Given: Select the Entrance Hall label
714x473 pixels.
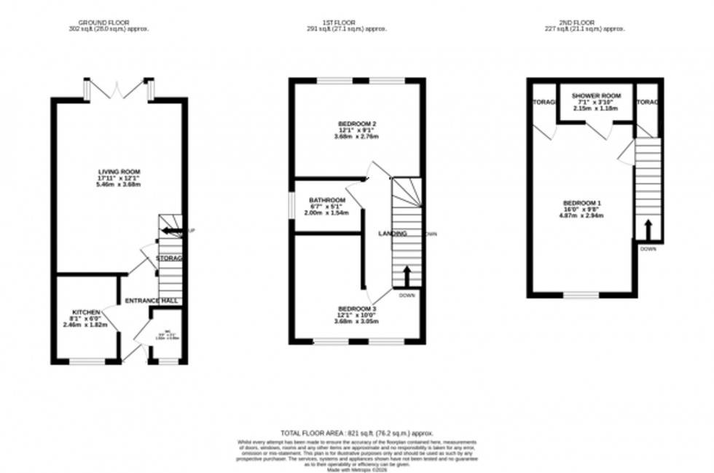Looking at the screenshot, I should click(x=151, y=301).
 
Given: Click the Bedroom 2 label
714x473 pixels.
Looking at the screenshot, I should click(x=357, y=123).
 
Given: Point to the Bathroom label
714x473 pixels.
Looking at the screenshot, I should click(x=326, y=200).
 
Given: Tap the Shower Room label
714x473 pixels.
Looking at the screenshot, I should click(x=595, y=96).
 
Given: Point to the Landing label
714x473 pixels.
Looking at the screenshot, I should click(x=392, y=234).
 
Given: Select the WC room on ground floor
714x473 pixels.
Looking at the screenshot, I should click(x=168, y=336).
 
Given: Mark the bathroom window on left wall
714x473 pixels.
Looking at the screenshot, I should click(x=292, y=204).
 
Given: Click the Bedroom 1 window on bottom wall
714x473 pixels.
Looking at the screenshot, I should click(x=582, y=295).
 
